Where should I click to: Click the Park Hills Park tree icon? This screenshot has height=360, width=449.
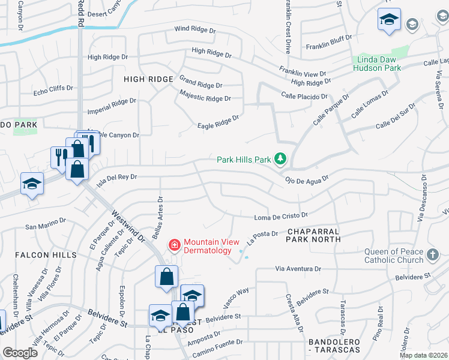tap(280, 159)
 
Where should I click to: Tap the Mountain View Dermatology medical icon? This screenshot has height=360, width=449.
tap(175, 245)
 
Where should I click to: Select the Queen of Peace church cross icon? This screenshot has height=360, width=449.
tap(432, 256)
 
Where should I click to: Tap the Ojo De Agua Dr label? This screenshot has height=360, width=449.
tap(307, 179)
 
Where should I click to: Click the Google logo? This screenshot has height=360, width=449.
tap(20, 353)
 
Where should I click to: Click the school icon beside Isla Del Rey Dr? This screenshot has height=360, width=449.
tap(32, 183)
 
